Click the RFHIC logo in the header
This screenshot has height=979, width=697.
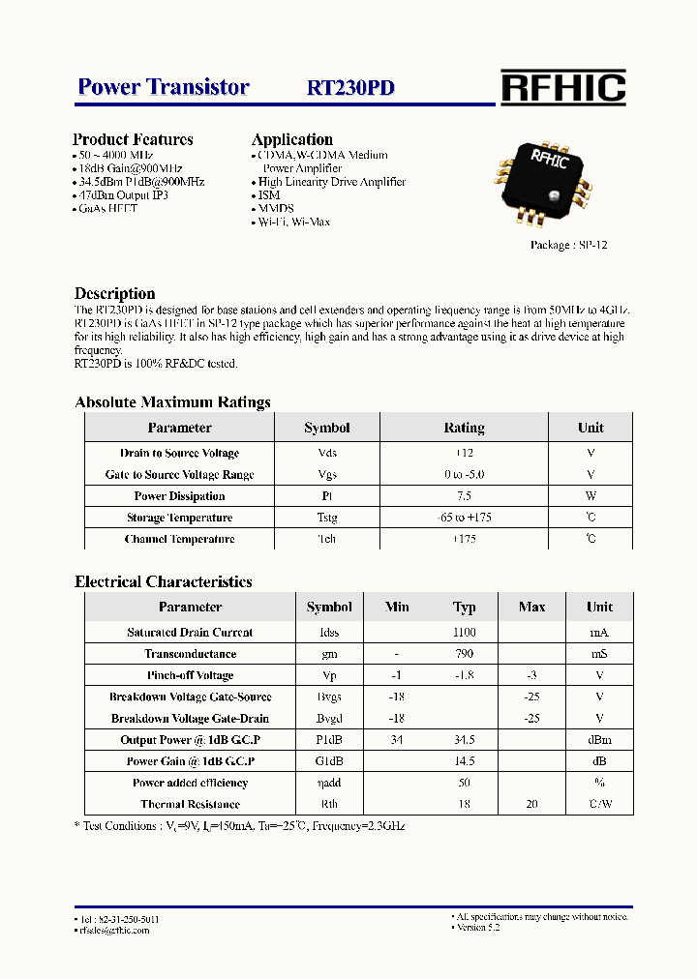coord(562,87)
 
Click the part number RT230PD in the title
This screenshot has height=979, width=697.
coord(350,88)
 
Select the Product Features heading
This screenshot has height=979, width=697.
coord(133,139)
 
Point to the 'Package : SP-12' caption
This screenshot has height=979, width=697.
coord(569,245)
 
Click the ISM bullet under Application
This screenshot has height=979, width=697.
coord(268,194)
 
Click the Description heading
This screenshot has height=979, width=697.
coord(114,293)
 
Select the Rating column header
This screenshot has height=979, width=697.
coord(464,428)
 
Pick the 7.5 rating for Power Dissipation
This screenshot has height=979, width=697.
coord(464,496)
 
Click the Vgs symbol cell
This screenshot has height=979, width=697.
coord(327,475)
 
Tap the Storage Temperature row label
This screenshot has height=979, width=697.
coord(179,518)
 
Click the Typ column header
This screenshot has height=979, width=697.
coord(465,608)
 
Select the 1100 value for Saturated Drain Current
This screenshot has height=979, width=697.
coord(465,633)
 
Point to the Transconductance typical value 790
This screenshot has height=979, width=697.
coord(465,654)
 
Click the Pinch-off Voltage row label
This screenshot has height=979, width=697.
coord(190,675)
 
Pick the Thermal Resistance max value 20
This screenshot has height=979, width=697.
coord(531,805)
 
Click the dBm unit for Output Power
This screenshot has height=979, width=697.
coord(599,740)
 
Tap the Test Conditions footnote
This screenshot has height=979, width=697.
coord(240,826)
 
